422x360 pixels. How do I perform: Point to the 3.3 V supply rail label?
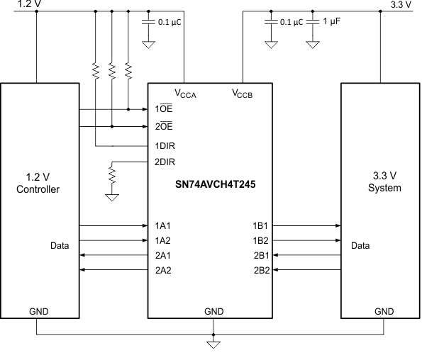point(401,4)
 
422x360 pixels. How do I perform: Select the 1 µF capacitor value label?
point(333,22)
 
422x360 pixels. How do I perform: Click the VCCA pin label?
point(187,93)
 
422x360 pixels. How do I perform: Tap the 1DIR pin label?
point(165,145)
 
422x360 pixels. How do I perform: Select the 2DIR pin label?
point(165,162)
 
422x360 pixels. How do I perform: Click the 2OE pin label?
point(163,127)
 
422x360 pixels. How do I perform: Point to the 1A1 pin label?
point(162,225)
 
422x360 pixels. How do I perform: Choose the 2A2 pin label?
point(162,270)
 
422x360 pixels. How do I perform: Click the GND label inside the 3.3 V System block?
point(384,311)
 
